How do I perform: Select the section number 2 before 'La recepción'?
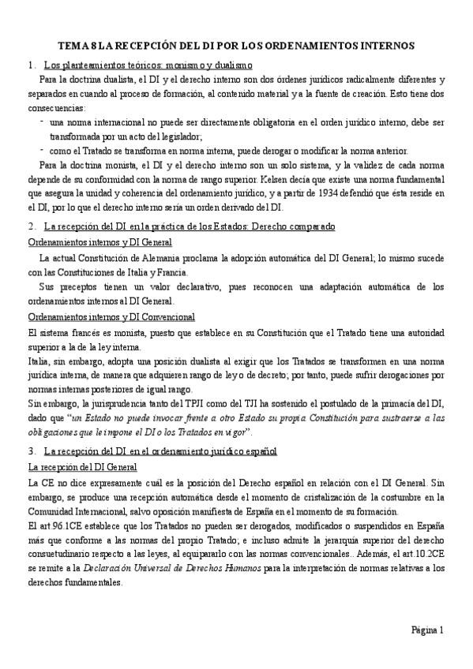coord(30,226)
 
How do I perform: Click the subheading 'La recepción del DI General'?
coord(83,467)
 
